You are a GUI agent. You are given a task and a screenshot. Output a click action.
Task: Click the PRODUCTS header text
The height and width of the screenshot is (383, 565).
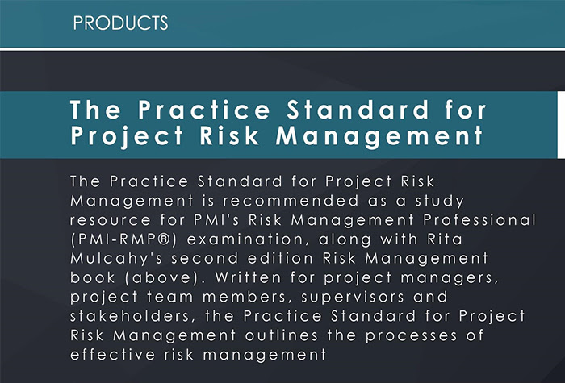tap(120, 23)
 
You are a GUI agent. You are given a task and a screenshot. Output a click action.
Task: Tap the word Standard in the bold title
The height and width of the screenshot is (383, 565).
tap(358, 110)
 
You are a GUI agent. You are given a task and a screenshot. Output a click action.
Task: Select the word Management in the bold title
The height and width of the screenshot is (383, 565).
tap(379, 136)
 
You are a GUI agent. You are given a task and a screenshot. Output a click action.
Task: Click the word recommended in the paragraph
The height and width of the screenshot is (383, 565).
tap(291, 201)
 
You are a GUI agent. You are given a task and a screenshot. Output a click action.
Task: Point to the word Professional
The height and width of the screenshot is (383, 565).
tap(479, 219)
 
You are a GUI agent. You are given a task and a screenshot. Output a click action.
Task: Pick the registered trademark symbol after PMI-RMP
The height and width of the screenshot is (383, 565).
tap(163, 239)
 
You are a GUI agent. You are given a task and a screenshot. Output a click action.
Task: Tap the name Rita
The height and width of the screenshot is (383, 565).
tap(445, 239)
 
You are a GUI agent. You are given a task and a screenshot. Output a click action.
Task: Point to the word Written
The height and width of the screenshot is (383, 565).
tap(248, 277)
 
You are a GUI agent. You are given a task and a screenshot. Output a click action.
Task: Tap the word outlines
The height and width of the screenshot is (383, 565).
tap(282, 335)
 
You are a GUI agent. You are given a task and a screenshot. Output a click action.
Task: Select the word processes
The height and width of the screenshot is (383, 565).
tap(411, 336)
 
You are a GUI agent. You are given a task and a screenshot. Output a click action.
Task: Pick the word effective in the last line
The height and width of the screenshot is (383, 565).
tap(112, 355)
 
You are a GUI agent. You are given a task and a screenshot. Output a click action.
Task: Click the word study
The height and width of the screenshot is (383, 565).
tap(440, 201)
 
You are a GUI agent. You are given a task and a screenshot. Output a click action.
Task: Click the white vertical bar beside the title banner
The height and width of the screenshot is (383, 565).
tap(561, 125)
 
